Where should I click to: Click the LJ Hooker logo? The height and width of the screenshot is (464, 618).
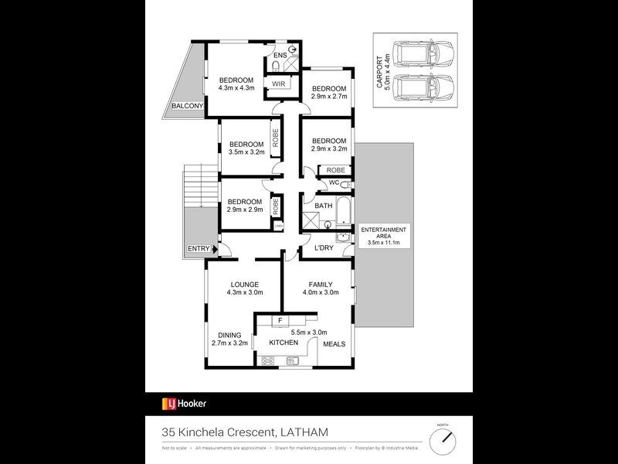click(184, 403)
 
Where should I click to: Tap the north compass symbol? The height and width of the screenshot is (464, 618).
click(442, 439)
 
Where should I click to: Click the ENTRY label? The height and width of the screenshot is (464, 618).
click(198, 248)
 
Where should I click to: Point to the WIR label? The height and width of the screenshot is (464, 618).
click(278, 84)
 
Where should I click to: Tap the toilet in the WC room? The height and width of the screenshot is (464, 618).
click(344, 184)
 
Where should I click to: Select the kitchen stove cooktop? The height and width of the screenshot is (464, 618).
click(269, 360)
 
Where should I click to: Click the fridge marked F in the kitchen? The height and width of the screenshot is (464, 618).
click(280, 319)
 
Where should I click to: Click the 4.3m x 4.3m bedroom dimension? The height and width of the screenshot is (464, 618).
click(236, 89)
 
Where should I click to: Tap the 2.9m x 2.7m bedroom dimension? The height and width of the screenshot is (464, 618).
click(329, 97)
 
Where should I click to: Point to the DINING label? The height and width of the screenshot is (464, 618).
click(229, 334)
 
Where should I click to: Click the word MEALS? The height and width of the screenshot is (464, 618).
click(334, 344)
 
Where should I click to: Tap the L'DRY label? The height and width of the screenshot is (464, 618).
click(324, 248)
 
